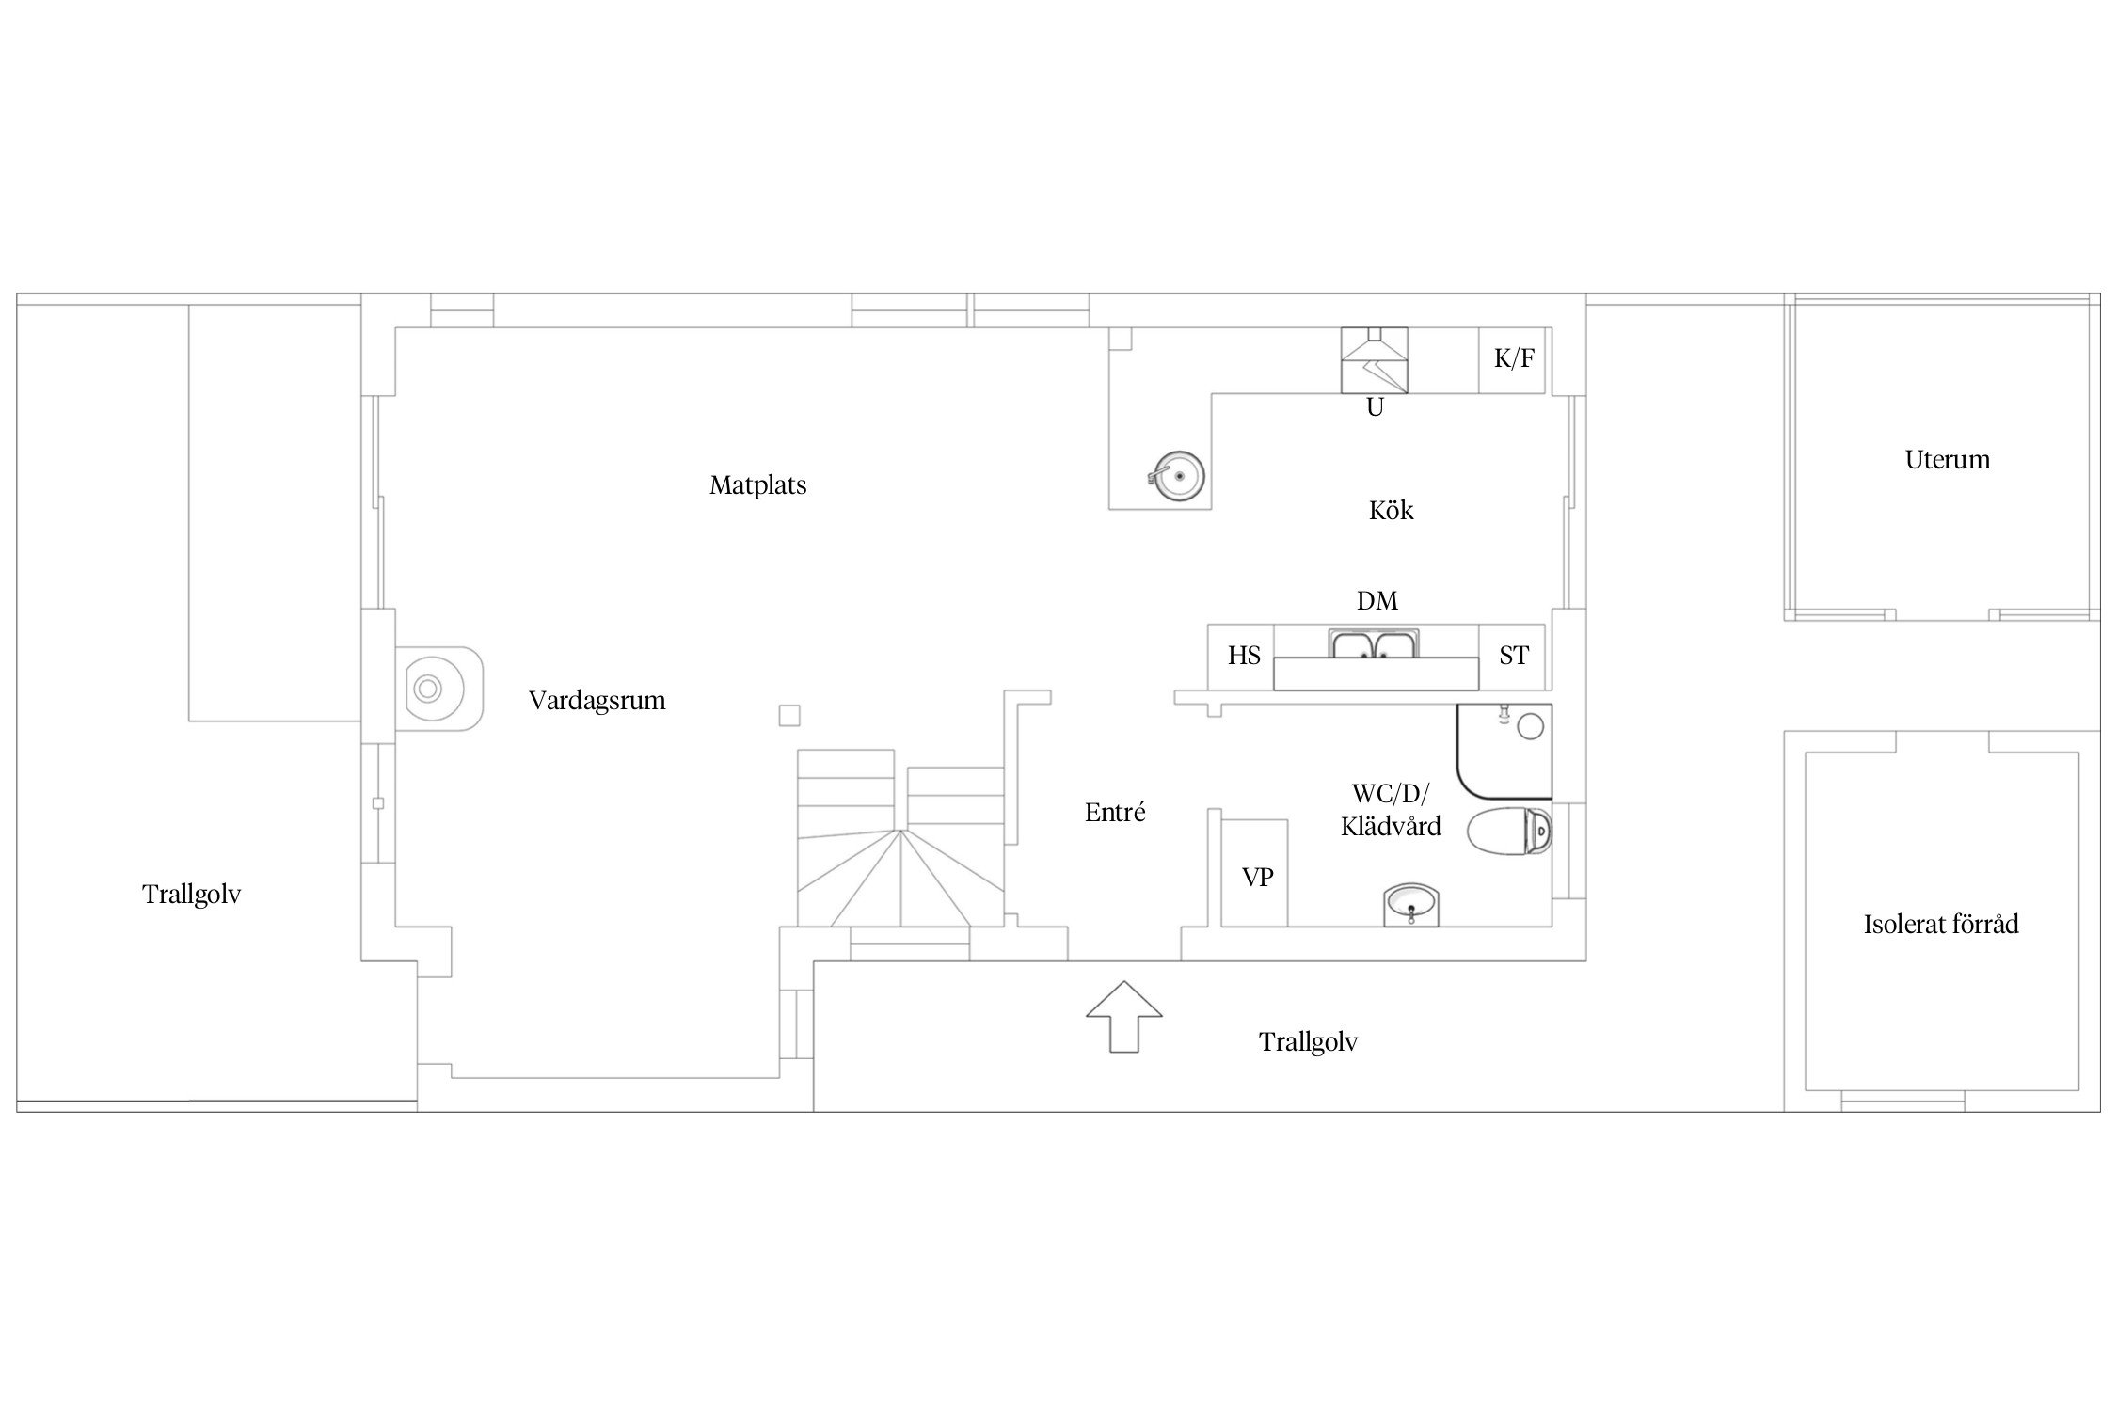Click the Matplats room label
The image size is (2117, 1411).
(757, 485)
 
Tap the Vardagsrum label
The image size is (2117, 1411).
(597, 701)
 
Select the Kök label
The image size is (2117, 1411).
(1391, 510)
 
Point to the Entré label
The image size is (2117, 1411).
(1115, 812)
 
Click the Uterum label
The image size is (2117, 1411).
(1947, 460)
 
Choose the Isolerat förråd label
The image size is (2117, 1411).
(1941, 924)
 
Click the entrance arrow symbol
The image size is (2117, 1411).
(1124, 1016)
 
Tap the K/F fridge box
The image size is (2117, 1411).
(1515, 360)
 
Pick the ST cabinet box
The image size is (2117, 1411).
(1512, 657)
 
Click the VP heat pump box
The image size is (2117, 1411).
(1254, 873)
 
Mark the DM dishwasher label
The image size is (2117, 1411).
(1377, 601)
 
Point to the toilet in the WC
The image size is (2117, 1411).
(1509, 830)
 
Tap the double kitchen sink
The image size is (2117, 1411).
(1374, 645)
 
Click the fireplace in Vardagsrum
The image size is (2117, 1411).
(438, 689)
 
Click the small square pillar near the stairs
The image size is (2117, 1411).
(789, 716)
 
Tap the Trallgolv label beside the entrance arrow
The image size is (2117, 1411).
(1308, 1042)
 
